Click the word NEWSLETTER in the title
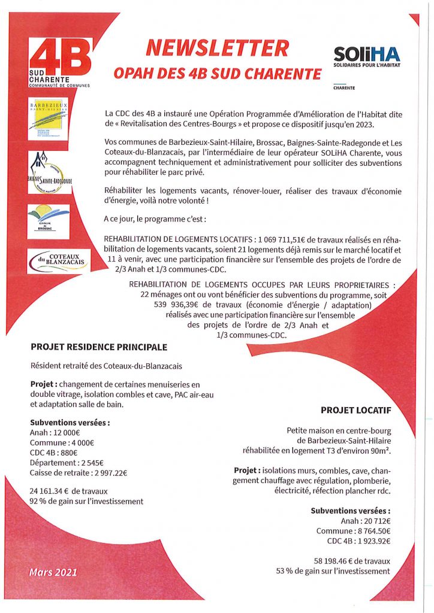pos(218,48)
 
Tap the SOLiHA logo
pos(367,59)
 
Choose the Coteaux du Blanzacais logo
pos(58,261)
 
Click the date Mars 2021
pos(53,572)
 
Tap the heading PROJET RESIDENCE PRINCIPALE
pos(99,347)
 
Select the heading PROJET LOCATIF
pos(355,411)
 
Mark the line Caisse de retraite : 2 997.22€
pos(78,472)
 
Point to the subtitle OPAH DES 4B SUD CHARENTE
pos(217,74)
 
